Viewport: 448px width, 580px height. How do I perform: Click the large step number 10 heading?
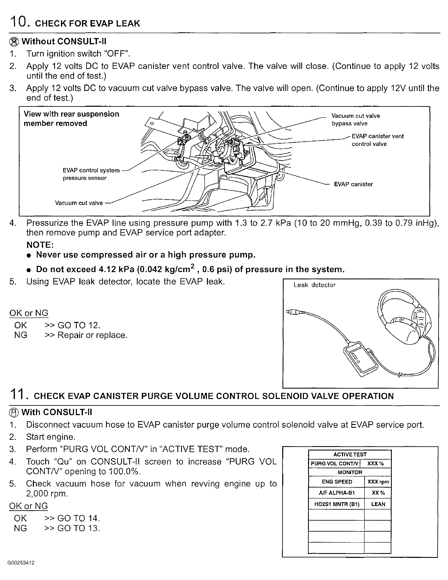click(18, 22)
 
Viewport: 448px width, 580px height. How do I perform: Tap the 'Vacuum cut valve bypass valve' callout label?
click(355, 120)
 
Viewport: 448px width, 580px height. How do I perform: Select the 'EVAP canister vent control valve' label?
click(378, 140)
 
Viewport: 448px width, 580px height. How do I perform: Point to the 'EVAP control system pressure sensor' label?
click(91, 174)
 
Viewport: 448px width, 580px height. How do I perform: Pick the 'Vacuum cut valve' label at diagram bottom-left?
click(79, 203)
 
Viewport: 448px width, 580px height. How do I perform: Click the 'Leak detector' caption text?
click(314, 285)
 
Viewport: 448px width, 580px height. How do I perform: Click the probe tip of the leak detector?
click(290, 311)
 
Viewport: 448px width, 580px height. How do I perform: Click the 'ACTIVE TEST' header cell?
click(350, 454)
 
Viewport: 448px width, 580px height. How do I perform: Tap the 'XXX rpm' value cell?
click(378, 482)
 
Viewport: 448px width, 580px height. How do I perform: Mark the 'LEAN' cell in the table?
click(378, 504)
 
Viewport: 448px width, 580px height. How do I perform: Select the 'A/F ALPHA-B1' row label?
click(337, 493)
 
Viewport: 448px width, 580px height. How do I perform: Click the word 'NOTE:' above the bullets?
click(40, 245)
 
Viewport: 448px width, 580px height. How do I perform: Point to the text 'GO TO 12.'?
click(79, 325)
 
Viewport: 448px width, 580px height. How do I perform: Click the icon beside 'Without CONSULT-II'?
click(14, 42)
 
